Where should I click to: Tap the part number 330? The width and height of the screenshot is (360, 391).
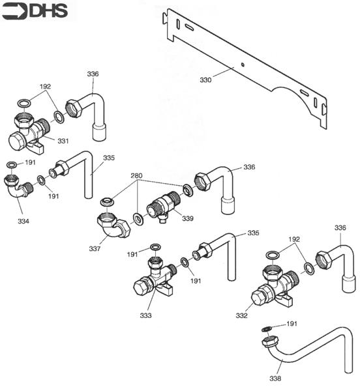tap(205, 80)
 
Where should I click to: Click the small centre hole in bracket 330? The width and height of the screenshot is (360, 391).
tap(242, 64)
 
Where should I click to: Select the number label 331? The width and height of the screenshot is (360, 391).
tap(63, 141)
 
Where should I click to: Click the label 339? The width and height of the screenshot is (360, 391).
tap(188, 218)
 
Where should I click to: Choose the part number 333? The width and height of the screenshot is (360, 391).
tap(145, 315)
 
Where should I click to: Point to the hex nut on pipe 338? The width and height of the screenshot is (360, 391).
tap(267, 341)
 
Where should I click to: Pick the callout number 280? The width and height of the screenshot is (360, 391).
tap(136, 175)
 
